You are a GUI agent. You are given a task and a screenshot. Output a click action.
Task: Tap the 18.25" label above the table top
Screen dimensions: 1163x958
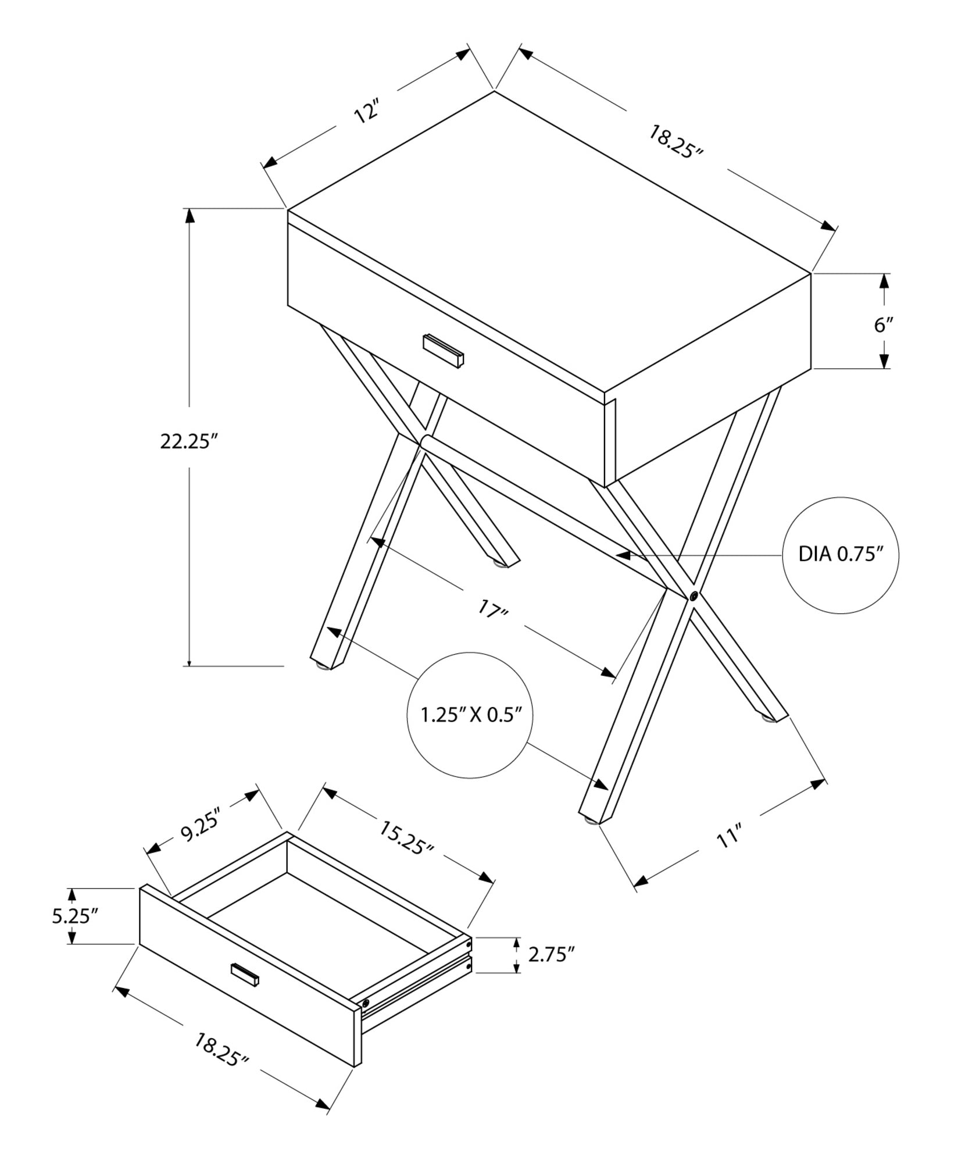coord(675,142)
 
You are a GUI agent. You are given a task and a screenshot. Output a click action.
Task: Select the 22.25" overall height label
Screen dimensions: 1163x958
coord(188,442)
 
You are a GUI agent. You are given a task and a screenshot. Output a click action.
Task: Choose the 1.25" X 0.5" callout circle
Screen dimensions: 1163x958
coord(469,715)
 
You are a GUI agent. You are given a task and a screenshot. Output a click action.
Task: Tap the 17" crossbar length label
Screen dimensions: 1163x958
coord(493,611)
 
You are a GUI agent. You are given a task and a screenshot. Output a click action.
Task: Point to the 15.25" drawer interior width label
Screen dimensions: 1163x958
coord(406,838)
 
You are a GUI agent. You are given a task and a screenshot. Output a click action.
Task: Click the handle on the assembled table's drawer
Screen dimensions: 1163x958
coord(444,351)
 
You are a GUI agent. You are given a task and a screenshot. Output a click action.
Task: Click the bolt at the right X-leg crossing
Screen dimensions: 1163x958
coord(694,596)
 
